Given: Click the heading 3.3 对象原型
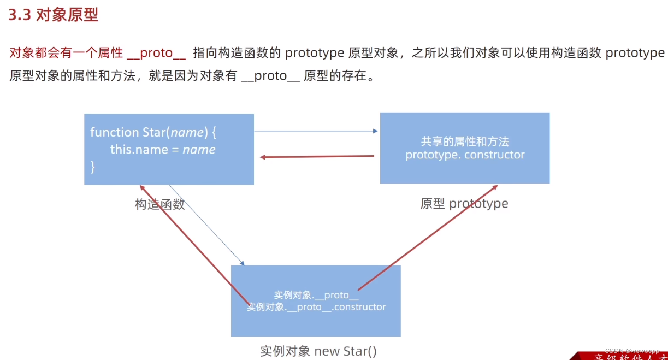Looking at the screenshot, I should pos(54,15).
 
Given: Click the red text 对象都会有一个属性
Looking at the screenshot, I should pos(66,53).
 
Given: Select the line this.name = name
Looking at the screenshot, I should pos(163,150).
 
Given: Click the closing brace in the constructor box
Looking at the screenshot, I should pos(93,167).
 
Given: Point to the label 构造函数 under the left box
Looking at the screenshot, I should pos(159,204).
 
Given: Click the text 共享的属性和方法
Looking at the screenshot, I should pos(465,141).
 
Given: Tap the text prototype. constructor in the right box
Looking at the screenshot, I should pos(465,155).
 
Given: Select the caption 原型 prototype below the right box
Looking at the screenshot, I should pos(464,204).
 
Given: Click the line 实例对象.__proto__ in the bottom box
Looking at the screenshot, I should pos(316,295).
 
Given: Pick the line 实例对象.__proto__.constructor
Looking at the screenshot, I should pos(316,307).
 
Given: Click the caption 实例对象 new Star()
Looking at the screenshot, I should pos(318,351).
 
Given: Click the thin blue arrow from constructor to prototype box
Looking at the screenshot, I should pos(316,131).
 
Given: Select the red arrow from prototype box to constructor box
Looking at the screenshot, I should pos(317,157).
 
